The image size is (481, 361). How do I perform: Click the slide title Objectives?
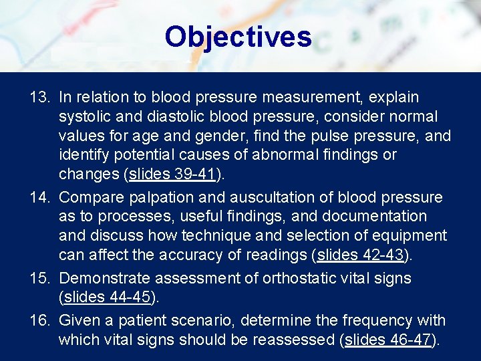click(x=238, y=37)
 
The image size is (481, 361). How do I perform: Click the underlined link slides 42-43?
click(x=355, y=255)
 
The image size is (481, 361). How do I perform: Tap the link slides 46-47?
click(x=387, y=340)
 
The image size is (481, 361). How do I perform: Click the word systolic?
click(x=84, y=117)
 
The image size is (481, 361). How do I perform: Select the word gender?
click(x=200, y=136)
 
